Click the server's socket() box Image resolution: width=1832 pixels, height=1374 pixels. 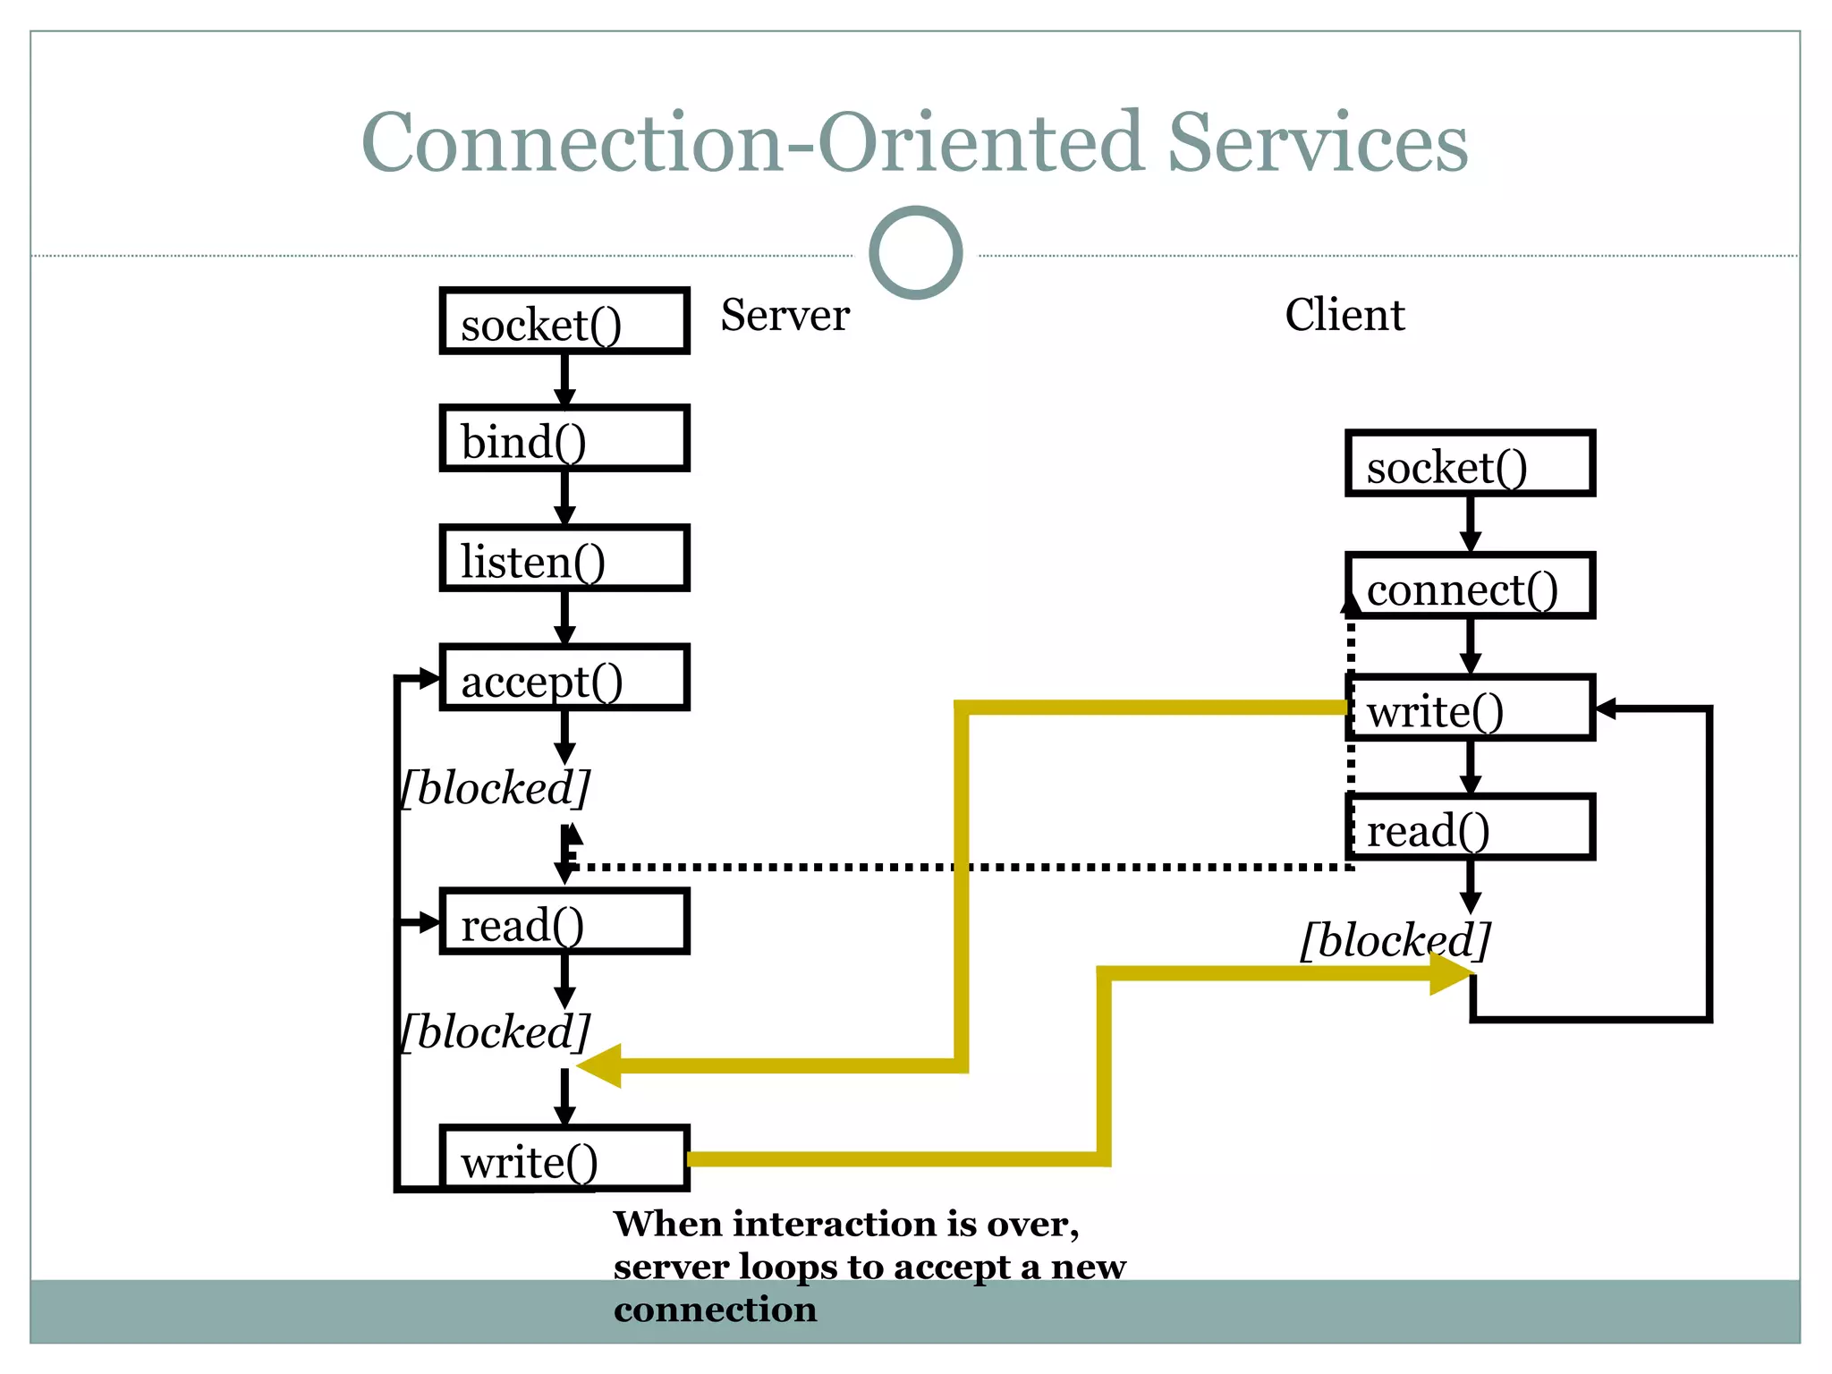(564, 321)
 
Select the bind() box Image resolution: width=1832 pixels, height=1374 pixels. (564, 438)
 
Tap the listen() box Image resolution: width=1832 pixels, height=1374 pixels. (564, 558)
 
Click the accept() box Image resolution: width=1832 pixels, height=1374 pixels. (564, 678)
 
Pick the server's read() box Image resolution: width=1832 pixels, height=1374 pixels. (564, 921)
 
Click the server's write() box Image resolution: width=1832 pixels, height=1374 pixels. (564, 1158)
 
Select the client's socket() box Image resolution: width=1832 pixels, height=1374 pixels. (1470, 463)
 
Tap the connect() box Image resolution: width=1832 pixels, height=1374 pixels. (1470, 586)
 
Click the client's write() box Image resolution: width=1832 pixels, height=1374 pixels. (1470, 708)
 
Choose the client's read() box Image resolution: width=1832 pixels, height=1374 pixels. (1470, 827)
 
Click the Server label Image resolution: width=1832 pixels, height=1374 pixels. (785, 315)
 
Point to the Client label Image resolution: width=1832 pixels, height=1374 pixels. (1344, 315)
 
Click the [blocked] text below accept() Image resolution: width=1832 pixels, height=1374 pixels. (495, 788)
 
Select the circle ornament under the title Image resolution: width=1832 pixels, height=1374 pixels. (915, 253)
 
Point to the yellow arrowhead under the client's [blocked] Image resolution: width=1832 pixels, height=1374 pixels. (1450, 974)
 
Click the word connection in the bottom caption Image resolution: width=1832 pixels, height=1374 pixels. (715, 1310)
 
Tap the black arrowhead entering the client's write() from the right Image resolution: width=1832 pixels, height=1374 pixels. (1606, 709)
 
